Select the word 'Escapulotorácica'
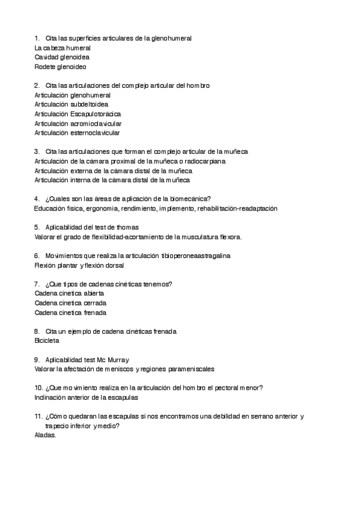coord(96,114)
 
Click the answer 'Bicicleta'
coord(47,341)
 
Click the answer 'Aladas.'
coord(46,435)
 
